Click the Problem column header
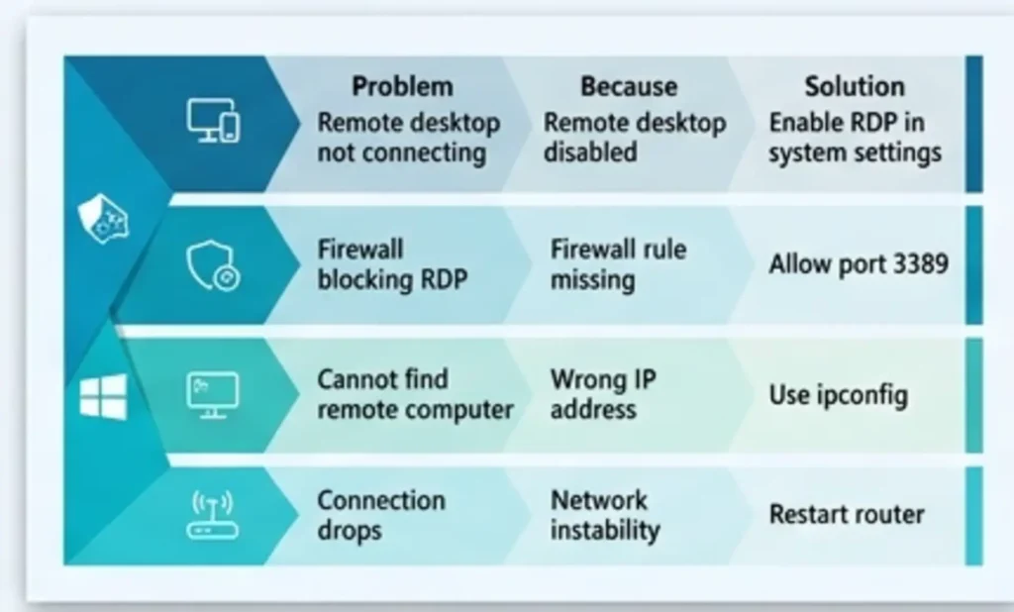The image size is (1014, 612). tap(402, 87)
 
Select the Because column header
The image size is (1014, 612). tap(629, 87)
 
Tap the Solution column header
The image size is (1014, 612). tap(854, 87)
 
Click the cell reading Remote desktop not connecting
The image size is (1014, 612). tap(408, 139)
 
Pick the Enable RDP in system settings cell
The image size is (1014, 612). tap(855, 139)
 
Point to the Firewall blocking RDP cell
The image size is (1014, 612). tap(391, 264)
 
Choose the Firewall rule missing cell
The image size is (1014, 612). tap(618, 264)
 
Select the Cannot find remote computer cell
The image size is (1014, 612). tap(415, 394)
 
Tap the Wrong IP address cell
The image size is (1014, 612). tap(602, 394)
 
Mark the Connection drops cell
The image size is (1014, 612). tap(380, 515)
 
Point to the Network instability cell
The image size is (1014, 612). tap(604, 515)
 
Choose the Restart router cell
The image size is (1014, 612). tap(847, 515)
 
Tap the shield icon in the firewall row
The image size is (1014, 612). tap(212, 265)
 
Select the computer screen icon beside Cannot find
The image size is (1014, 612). tap(212, 393)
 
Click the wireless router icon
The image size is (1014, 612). tap(212, 515)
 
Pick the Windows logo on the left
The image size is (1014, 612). tap(104, 396)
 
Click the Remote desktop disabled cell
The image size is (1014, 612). tap(635, 139)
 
